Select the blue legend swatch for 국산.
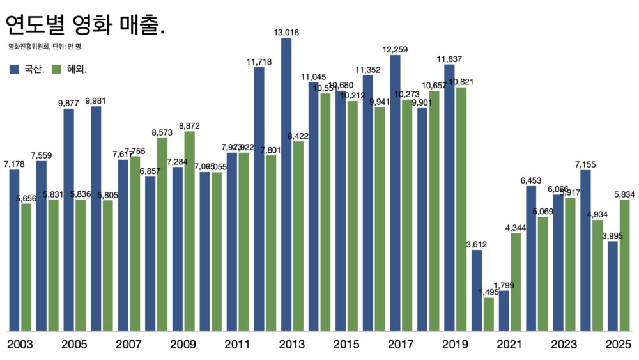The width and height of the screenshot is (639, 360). (x=14, y=69)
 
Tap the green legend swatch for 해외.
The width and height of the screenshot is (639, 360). (x=56, y=69)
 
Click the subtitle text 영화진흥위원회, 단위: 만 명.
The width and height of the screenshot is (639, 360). (x=45, y=47)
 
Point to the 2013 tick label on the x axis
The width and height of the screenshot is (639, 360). (x=292, y=345)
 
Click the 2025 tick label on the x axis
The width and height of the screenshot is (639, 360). (x=619, y=345)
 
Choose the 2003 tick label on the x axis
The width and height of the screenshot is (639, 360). (x=20, y=345)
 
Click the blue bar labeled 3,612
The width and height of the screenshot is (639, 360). (x=477, y=290)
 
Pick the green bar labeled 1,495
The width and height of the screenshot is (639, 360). (x=489, y=314)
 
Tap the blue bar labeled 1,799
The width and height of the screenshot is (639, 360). (x=504, y=311)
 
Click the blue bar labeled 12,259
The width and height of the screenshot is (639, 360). (x=395, y=192)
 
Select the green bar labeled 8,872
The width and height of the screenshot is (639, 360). (x=189, y=231)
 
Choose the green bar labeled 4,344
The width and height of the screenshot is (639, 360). (x=516, y=282)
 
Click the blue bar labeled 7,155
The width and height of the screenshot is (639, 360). (x=585, y=250)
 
